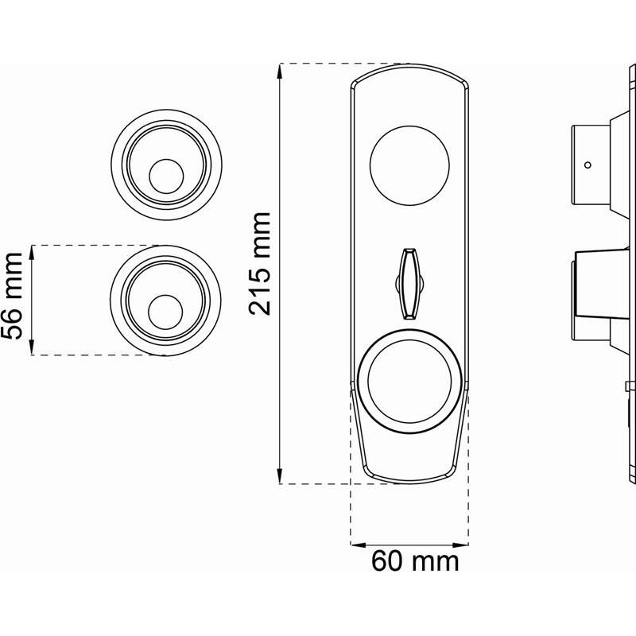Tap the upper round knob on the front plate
409,165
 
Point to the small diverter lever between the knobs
409,281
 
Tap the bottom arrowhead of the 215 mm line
281,476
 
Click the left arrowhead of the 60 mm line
357,545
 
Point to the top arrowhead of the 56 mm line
33,252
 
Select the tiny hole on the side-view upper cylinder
588,165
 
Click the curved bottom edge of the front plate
409,480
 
